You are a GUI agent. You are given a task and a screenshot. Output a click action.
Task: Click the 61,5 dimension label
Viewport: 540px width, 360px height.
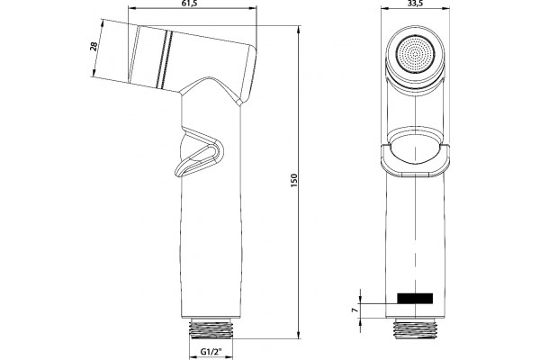tap(193, 4)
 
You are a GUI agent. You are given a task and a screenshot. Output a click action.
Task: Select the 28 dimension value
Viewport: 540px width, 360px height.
tap(94, 46)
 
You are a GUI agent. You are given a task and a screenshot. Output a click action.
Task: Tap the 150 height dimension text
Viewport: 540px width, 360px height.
tap(293, 181)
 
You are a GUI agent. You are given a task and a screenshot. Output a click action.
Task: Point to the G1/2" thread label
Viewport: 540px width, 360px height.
tap(211, 352)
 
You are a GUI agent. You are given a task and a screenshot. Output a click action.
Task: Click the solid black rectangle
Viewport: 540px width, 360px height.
tap(415, 298)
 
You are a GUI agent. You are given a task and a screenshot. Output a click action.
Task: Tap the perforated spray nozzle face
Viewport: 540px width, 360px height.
tap(415, 54)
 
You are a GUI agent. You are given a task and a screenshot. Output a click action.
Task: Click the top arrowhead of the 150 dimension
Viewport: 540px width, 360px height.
tap(299, 30)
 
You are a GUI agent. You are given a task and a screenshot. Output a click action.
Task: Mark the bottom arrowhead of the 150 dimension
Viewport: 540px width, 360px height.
tap(299, 335)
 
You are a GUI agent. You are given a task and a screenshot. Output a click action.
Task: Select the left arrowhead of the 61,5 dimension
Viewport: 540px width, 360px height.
tap(132, 8)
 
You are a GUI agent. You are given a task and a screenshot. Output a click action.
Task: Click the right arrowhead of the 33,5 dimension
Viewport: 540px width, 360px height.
tap(447, 8)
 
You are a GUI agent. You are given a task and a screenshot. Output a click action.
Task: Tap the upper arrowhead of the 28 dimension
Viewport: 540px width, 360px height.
tap(103, 23)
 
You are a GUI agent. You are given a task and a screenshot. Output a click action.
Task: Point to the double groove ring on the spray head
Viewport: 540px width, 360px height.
tap(165, 59)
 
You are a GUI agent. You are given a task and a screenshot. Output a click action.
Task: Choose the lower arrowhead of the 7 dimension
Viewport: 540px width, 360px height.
tap(360, 321)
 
